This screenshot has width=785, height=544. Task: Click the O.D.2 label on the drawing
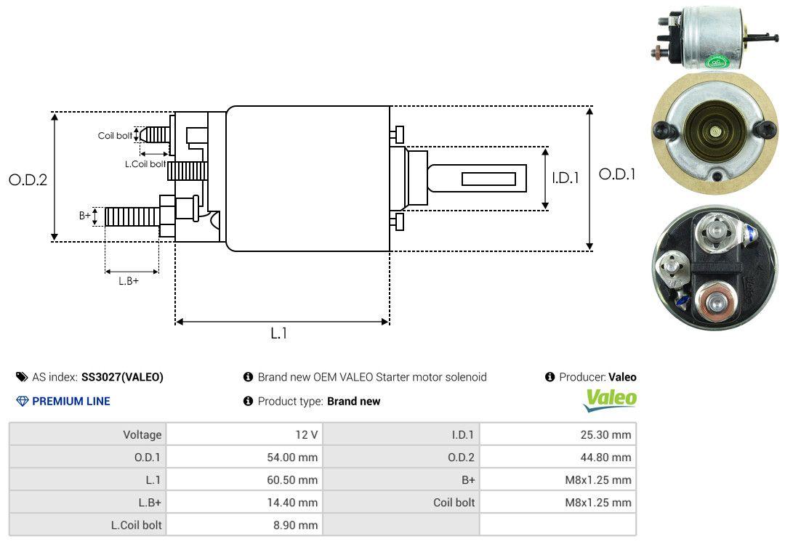coord(28,179)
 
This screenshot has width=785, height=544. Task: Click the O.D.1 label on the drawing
coord(617,174)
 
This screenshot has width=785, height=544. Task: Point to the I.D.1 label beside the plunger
coord(565,178)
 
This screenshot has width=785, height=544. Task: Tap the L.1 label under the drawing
coord(279,333)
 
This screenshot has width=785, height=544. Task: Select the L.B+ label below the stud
coord(129,281)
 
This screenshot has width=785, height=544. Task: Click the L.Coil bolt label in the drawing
coord(145,163)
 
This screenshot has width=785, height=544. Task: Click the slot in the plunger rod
coord(488,179)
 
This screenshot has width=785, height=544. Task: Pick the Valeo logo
coord(610,399)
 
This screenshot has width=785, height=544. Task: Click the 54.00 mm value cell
coord(244,457)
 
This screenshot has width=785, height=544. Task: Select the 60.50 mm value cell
coord(244,479)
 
